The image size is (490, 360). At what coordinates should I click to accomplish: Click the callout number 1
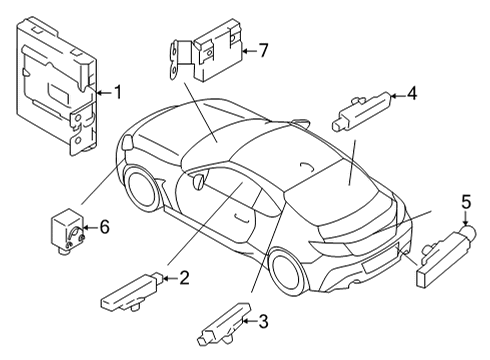click(x=117, y=93)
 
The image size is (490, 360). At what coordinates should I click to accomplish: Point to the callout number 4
click(x=412, y=95)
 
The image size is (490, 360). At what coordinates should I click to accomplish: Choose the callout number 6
click(x=103, y=228)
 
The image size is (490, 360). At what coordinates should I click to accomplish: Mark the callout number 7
click(x=263, y=48)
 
